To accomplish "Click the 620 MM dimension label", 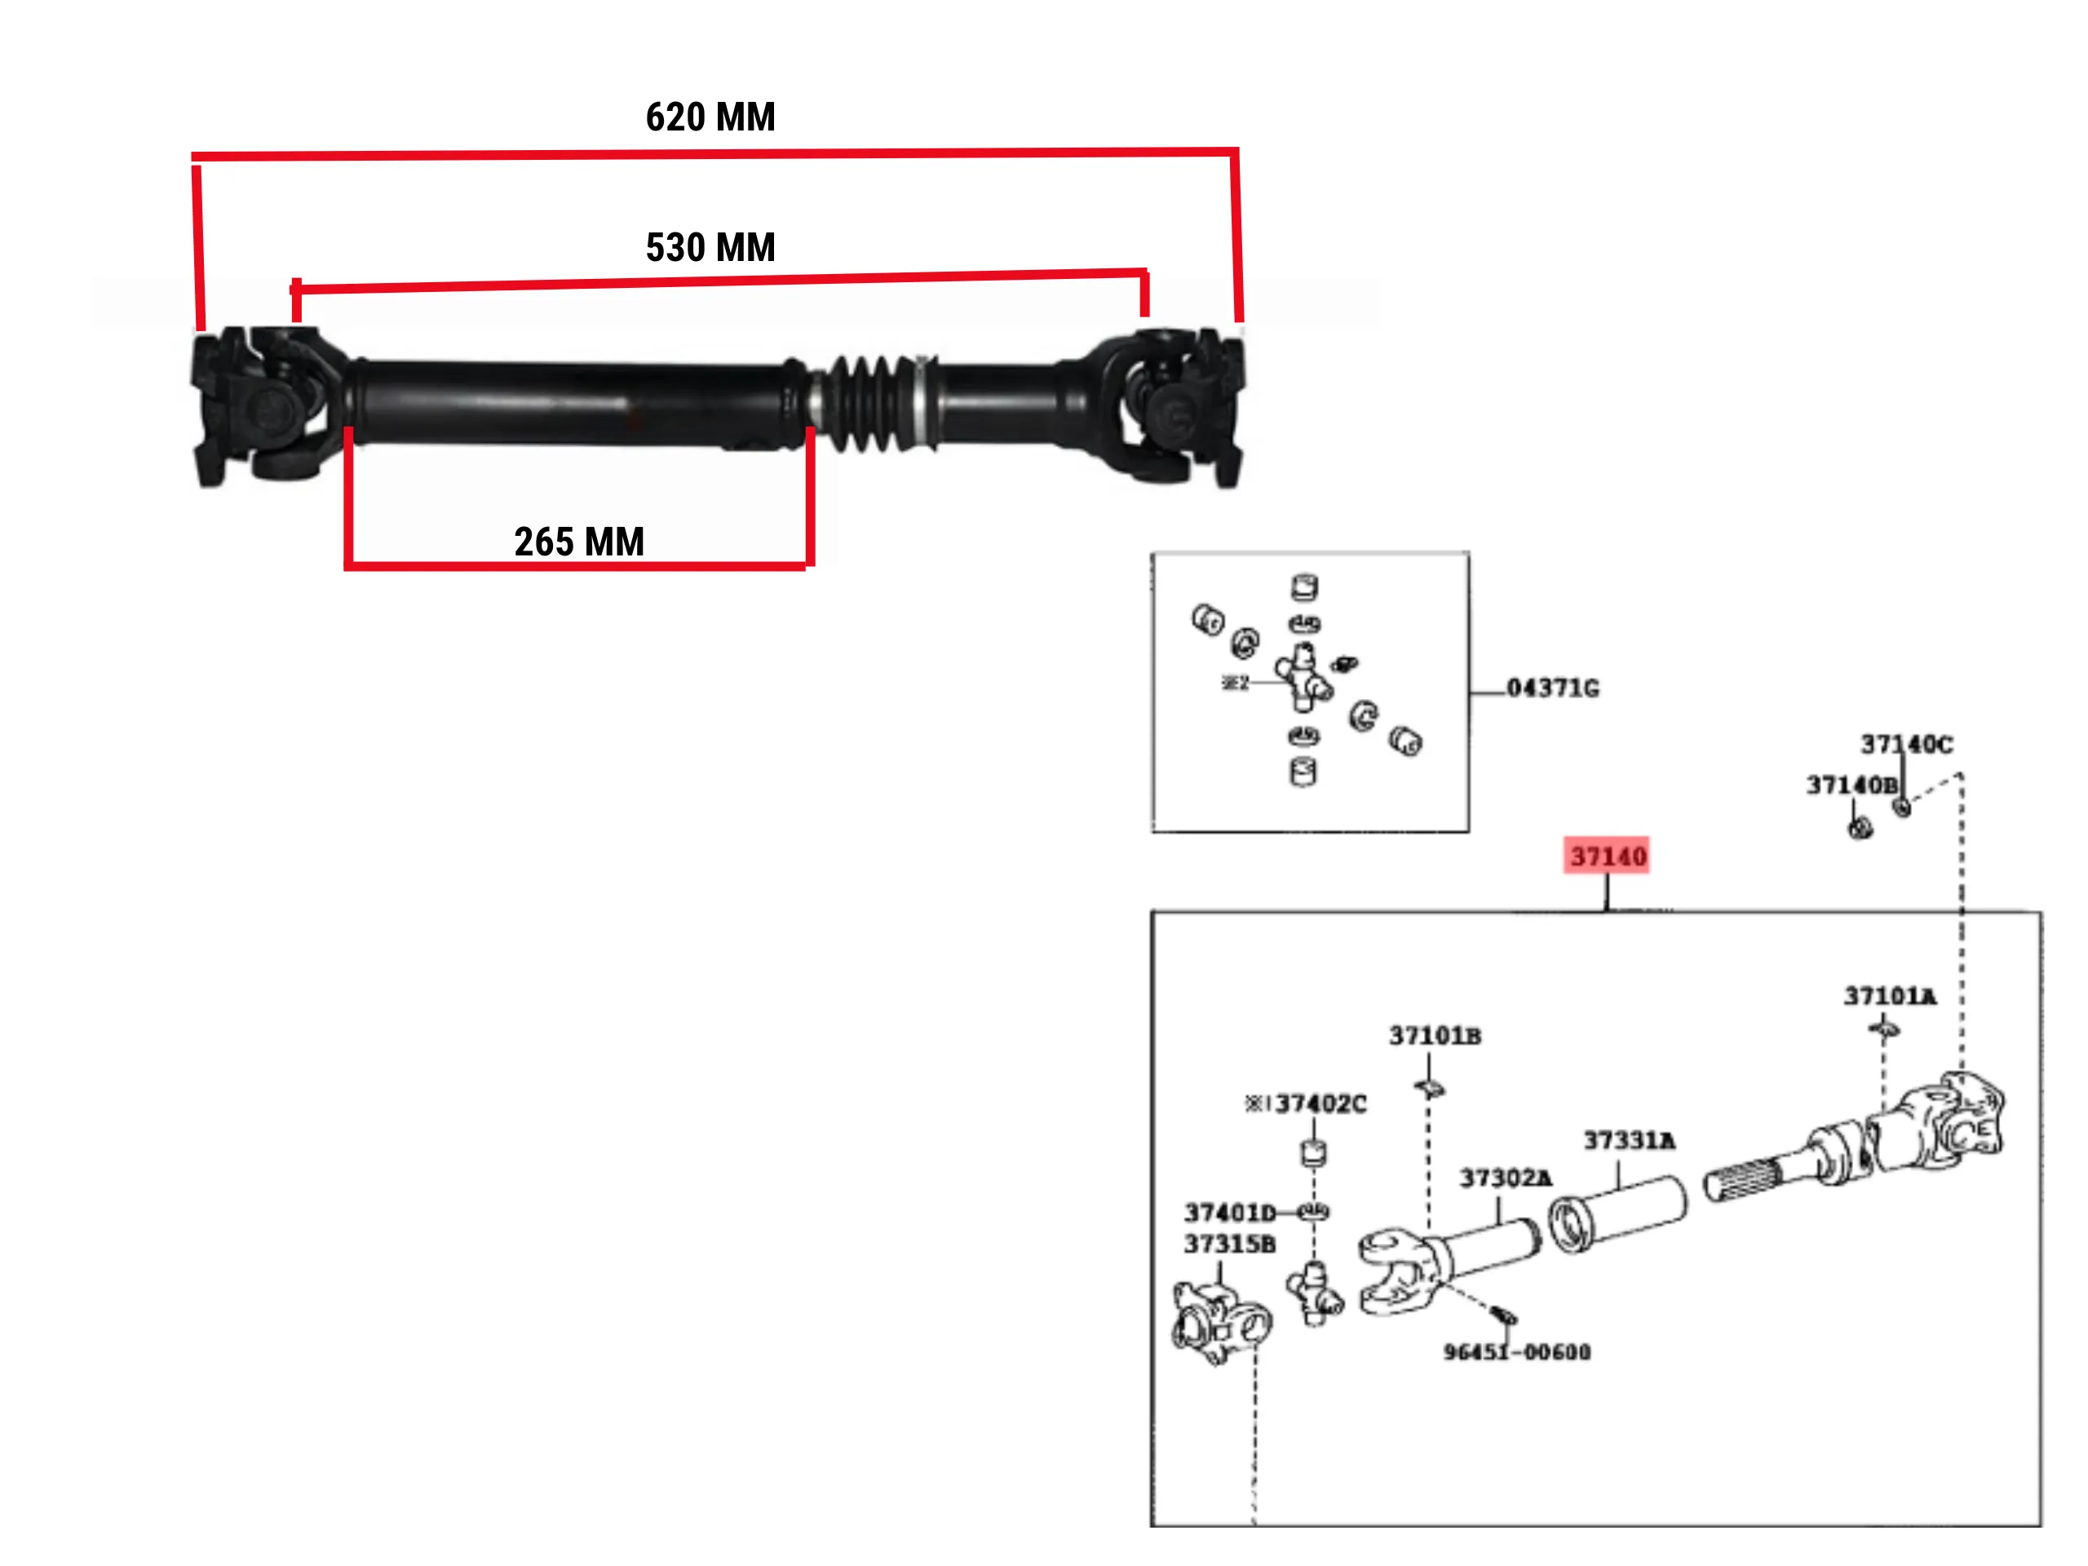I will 710,117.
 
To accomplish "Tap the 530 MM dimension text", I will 710,247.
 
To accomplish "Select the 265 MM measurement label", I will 578,542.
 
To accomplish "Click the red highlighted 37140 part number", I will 1607,856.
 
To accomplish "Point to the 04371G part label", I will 1553,688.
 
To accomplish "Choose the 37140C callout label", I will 1906,745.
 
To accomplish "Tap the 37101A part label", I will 1890,996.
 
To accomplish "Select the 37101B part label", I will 1435,1037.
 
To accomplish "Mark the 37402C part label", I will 1320,1104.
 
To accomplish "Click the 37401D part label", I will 1230,1213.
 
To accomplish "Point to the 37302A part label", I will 1506,1178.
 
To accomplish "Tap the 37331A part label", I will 1630,1141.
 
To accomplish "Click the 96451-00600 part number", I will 1517,1352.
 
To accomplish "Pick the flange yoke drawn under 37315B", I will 1219,1322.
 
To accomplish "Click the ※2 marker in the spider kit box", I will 1235,683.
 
